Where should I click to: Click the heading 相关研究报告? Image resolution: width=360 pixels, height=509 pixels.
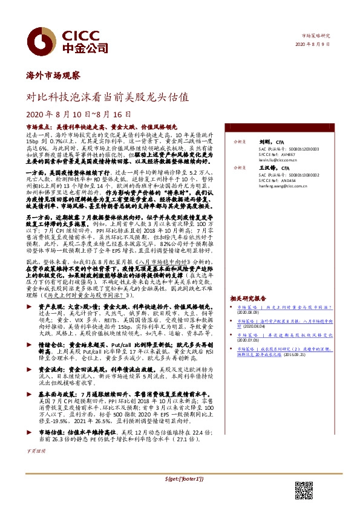pos(248,298)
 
